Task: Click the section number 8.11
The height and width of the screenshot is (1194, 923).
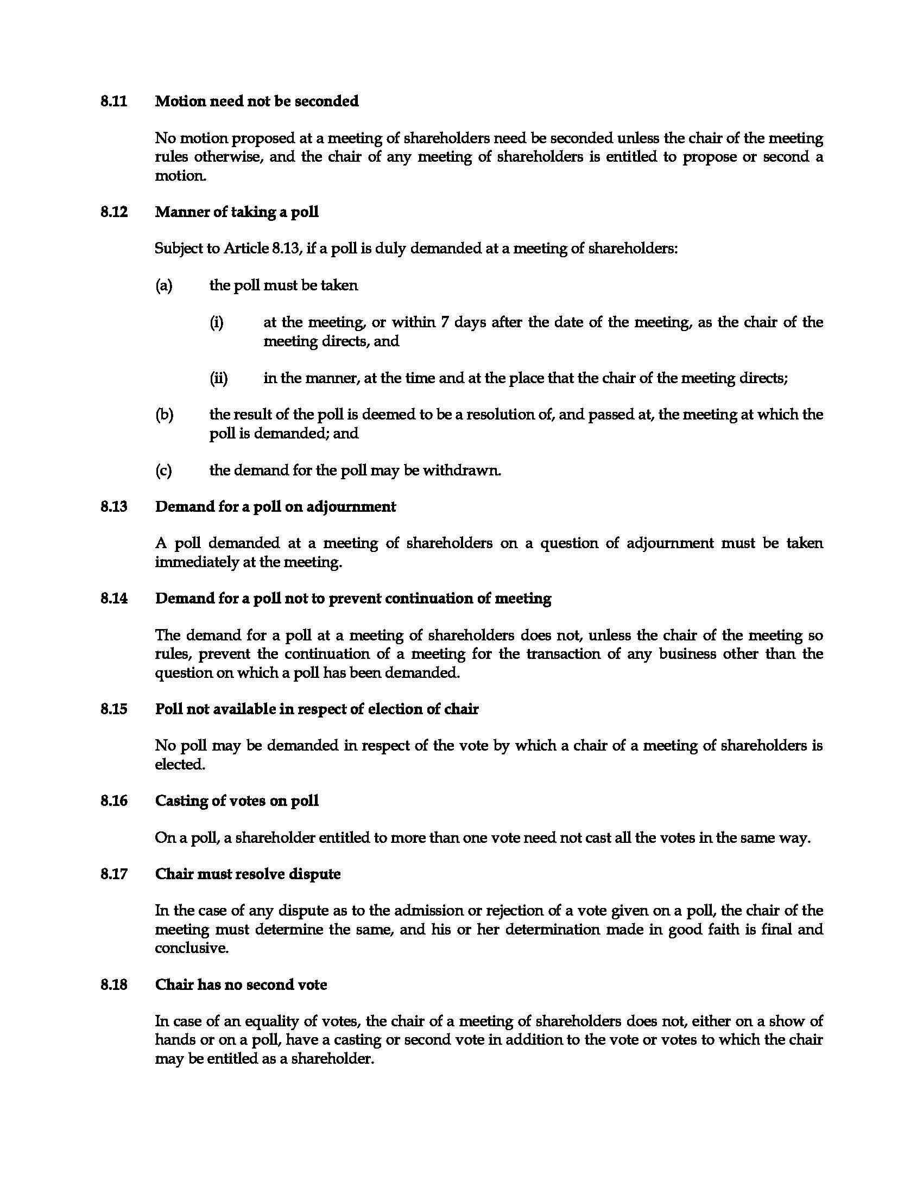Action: pos(113,101)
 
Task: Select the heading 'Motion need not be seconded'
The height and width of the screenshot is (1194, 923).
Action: pos(256,101)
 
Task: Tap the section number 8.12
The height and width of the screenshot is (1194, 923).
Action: pos(113,212)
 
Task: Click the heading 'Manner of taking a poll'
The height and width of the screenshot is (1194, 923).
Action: pos(236,212)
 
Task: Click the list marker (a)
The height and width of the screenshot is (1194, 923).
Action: pos(163,285)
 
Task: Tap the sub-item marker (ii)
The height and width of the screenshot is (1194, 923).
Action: pos(219,378)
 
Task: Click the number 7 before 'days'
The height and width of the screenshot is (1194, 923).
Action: pos(445,322)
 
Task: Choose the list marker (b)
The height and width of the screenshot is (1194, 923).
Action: pos(164,415)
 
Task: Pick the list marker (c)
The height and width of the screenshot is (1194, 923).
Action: pos(163,471)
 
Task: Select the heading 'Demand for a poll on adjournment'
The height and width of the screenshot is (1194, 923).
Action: pos(275,507)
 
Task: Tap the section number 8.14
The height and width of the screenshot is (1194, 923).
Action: pos(113,599)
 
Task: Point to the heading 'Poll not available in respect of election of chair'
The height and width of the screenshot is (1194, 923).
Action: pos(317,710)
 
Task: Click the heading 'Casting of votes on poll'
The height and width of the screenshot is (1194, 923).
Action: pos(236,801)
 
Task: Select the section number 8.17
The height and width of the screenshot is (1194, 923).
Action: pos(113,874)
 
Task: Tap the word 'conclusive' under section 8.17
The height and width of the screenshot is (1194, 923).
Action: pos(190,949)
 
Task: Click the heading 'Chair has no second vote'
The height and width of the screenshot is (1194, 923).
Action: pos(241,985)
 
